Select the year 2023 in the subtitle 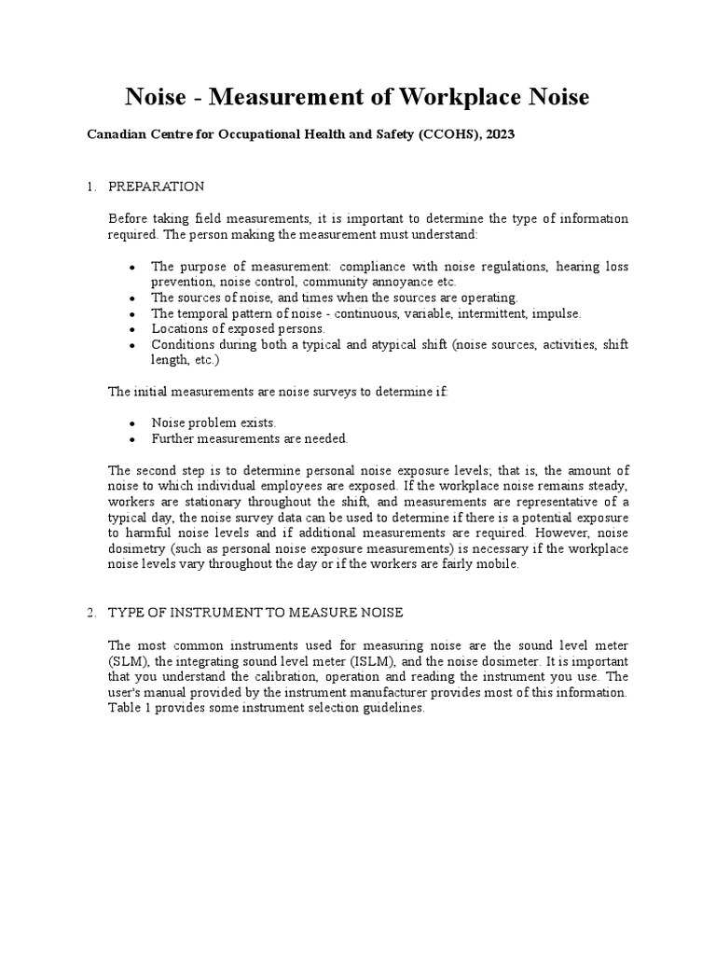(498, 135)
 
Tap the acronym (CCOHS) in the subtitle (446, 135)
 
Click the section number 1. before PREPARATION (91, 187)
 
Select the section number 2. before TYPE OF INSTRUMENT (91, 612)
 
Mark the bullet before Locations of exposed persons (133, 329)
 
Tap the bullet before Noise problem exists (133, 423)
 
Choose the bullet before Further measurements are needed (133, 438)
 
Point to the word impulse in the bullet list (558, 313)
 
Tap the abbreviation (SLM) (129, 660)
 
